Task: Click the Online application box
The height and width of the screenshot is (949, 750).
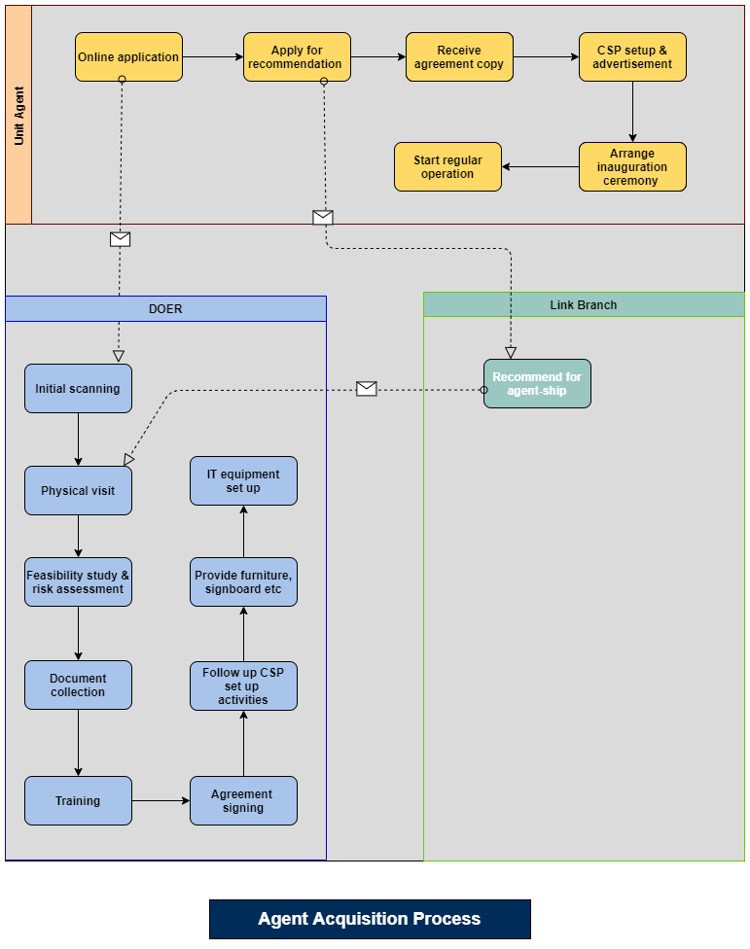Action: point(128,57)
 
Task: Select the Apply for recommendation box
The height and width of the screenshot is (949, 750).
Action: point(297,57)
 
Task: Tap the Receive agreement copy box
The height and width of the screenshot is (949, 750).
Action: point(459,57)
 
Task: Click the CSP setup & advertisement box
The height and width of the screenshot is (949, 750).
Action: point(632,57)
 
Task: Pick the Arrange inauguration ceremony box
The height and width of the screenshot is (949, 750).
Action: point(632,166)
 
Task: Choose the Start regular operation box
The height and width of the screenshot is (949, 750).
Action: point(447,166)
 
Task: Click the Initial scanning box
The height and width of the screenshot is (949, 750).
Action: point(78,389)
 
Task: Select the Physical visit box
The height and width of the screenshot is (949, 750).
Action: point(78,490)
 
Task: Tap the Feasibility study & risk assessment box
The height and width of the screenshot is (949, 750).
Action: point(78,581)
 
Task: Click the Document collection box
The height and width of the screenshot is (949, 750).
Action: point(78,685)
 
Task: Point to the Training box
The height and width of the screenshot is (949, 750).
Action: point(78,800)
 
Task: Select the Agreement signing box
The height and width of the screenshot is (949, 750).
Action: point(243,800)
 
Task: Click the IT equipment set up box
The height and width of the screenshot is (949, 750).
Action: point(243,480)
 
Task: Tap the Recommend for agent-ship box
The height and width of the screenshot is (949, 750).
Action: point(537,383)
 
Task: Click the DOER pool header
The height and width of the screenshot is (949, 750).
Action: point(165,308)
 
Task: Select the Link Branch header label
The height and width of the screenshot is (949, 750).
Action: point(584,305)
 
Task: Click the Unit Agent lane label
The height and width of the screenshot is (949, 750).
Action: point(18,115)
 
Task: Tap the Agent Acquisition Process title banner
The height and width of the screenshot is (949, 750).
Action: point(370,919)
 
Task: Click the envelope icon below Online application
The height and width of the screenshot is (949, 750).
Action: point(120,239)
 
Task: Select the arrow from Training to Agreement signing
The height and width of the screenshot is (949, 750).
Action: point(161,800)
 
